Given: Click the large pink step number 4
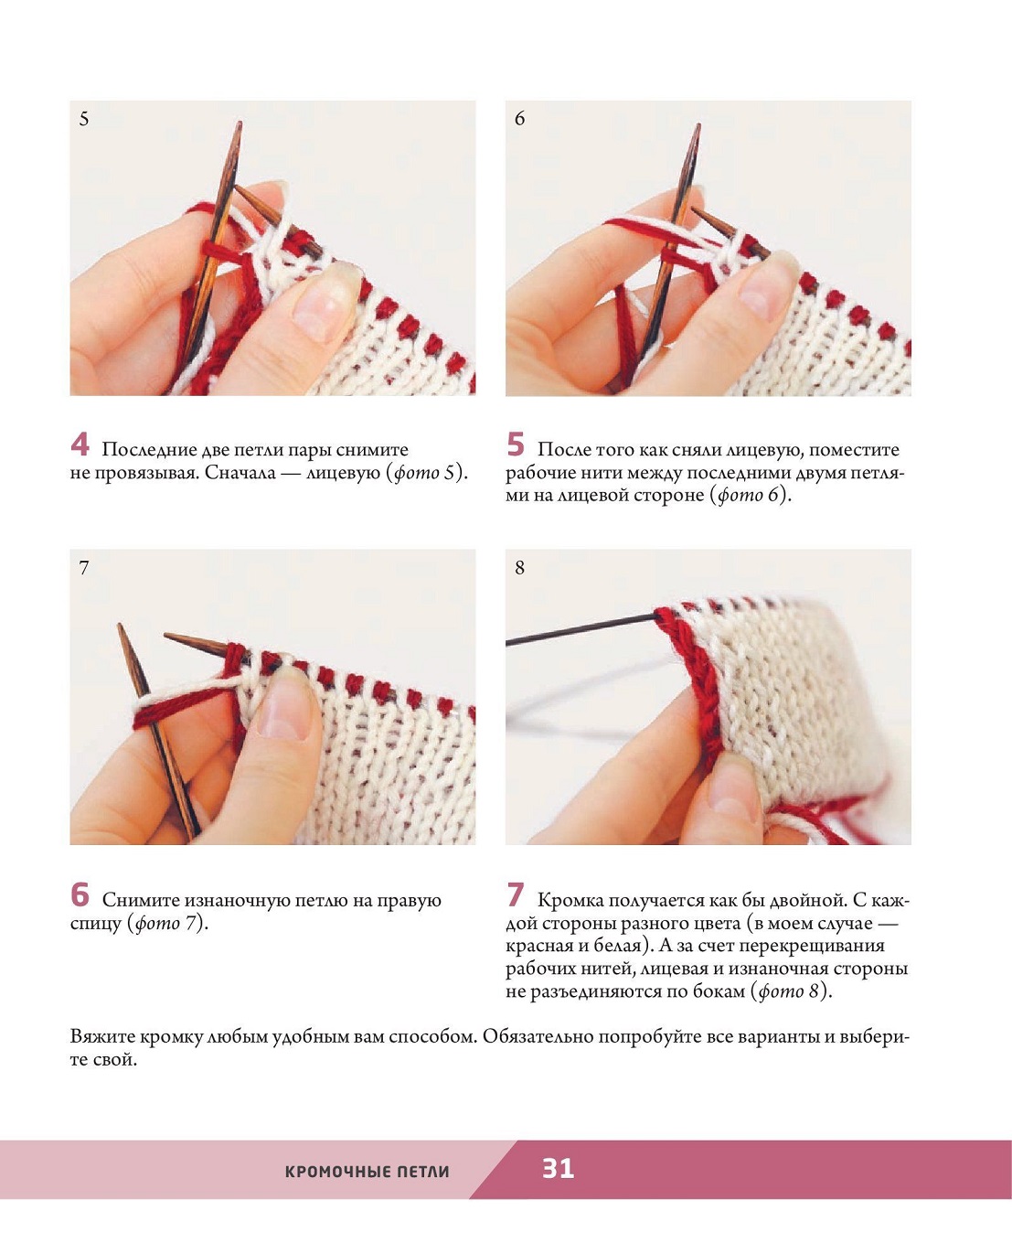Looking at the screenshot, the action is coord(80,444).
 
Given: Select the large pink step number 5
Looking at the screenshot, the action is coord(515,444).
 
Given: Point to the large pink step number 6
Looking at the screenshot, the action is coord(80,894).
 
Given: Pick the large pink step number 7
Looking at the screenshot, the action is coord(515,894).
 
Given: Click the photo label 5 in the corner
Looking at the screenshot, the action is coord(84,119).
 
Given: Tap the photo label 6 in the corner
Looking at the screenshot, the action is coord(520,119).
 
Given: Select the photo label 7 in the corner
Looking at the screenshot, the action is coord(84,568).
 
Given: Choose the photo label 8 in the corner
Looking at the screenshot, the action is coord(520,568).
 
